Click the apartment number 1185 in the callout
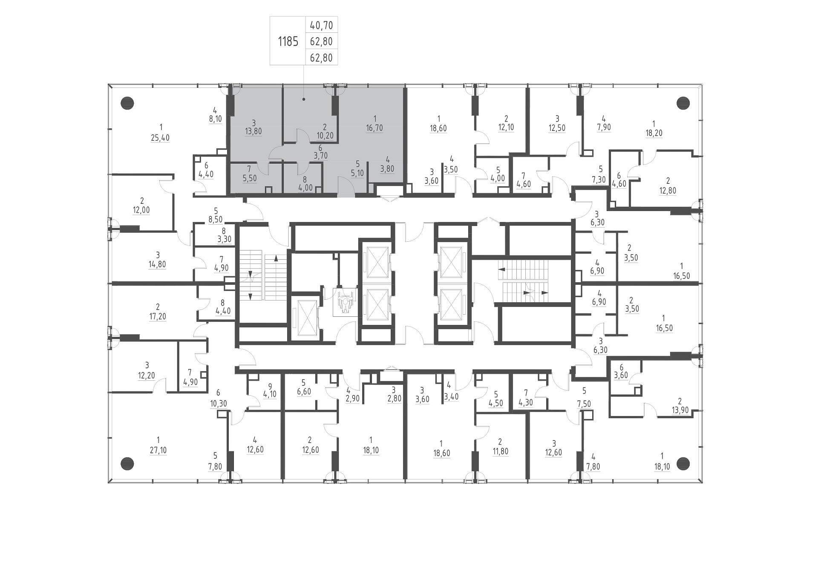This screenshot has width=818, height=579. coord(288,42)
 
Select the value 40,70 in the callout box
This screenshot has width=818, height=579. coord(321,26)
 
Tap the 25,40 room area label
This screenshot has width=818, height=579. coord(160,138)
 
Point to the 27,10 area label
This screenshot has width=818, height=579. coord(158,450)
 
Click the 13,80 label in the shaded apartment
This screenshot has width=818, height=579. coord(253,131)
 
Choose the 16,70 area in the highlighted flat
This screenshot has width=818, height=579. coord(374,128)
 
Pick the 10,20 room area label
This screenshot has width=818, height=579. coord(325,136)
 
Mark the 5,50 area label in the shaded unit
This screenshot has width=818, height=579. coord(250,178)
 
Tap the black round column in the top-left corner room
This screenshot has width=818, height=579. coord(127,103)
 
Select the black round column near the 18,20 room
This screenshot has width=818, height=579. coord(683,103)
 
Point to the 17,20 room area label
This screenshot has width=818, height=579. coord(158,317)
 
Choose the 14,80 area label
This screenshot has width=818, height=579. coord(157,264)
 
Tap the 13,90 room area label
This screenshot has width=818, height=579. coord(680,410)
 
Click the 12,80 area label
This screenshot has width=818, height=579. coord(668,191)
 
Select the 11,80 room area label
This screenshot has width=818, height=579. coord(500,451)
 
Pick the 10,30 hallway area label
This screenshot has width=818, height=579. coord(218,403)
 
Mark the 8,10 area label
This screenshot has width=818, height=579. coord(215,119)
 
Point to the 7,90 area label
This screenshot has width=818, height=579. coord(604,127)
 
